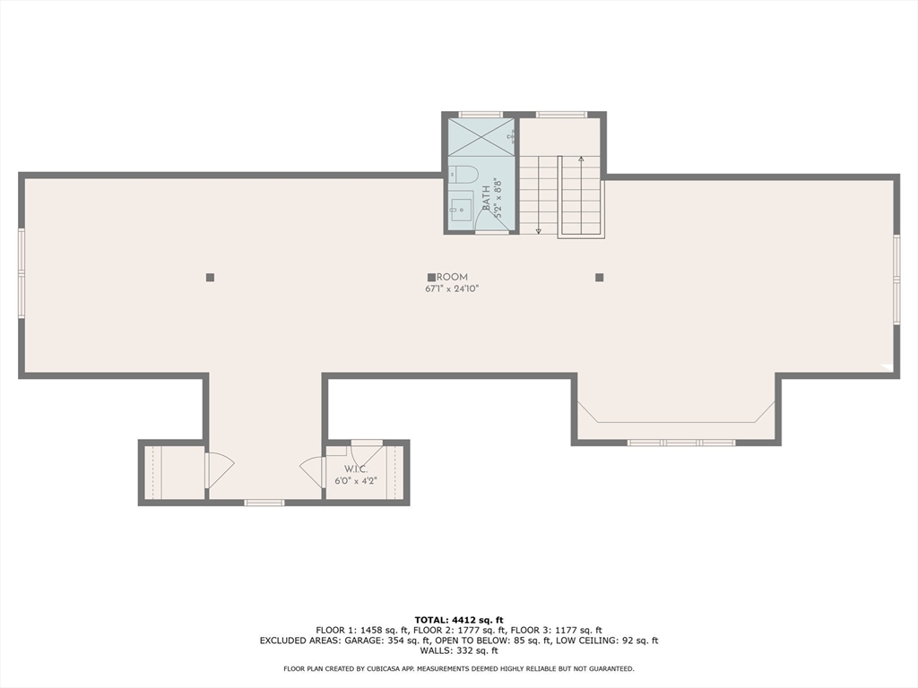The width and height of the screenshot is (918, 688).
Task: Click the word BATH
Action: click(487, 199)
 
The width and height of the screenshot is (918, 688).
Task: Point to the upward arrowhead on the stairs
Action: click(581, 160)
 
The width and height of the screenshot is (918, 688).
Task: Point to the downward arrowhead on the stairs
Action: click(538, 230)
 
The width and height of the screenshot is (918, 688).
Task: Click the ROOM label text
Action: click(452, 278)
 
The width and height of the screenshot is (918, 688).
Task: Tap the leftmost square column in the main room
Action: click(210, 278)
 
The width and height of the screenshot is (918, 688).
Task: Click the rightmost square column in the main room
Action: click(599, 278)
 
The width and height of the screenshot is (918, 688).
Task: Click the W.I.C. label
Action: click(356, 469)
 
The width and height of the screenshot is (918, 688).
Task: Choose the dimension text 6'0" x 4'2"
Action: click(356, 481)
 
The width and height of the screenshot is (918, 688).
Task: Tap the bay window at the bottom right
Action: click(680, 442)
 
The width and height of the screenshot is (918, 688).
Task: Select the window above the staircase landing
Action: click(561, 115)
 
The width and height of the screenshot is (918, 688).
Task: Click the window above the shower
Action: click(481, 115)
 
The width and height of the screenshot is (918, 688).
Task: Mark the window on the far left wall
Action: click(22, 273)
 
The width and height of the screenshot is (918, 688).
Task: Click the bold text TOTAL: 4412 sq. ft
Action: click(459, 620)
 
